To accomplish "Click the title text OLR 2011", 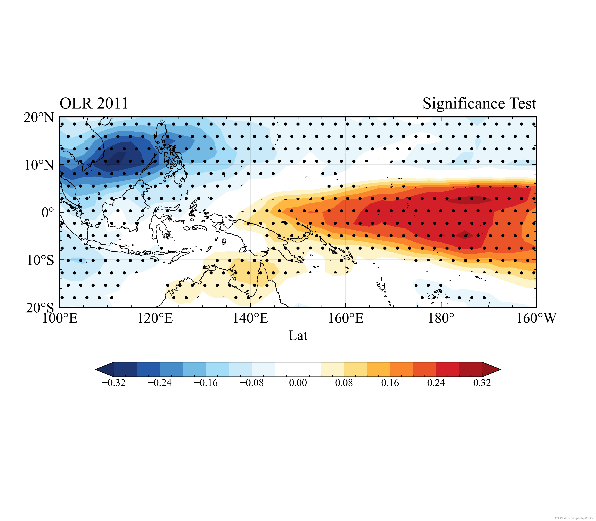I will (x=94, y=103).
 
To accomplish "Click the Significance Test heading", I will (x=479, y=103).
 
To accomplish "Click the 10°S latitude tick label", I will (x=40, y=260).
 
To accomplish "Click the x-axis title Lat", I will (x=298, y=336).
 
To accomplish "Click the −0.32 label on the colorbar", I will (x=114, y=383).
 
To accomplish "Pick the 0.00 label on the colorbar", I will (x=298, y=383).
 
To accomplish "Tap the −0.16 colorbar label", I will (x=206, y=383).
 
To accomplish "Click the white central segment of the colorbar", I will (x=298, y=369).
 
